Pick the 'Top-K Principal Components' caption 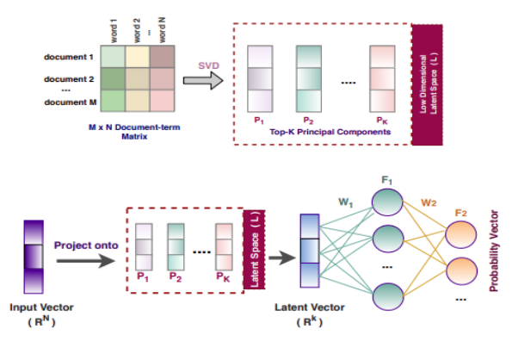323,133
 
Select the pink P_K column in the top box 381,78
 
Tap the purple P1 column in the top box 259,78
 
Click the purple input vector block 32,255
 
